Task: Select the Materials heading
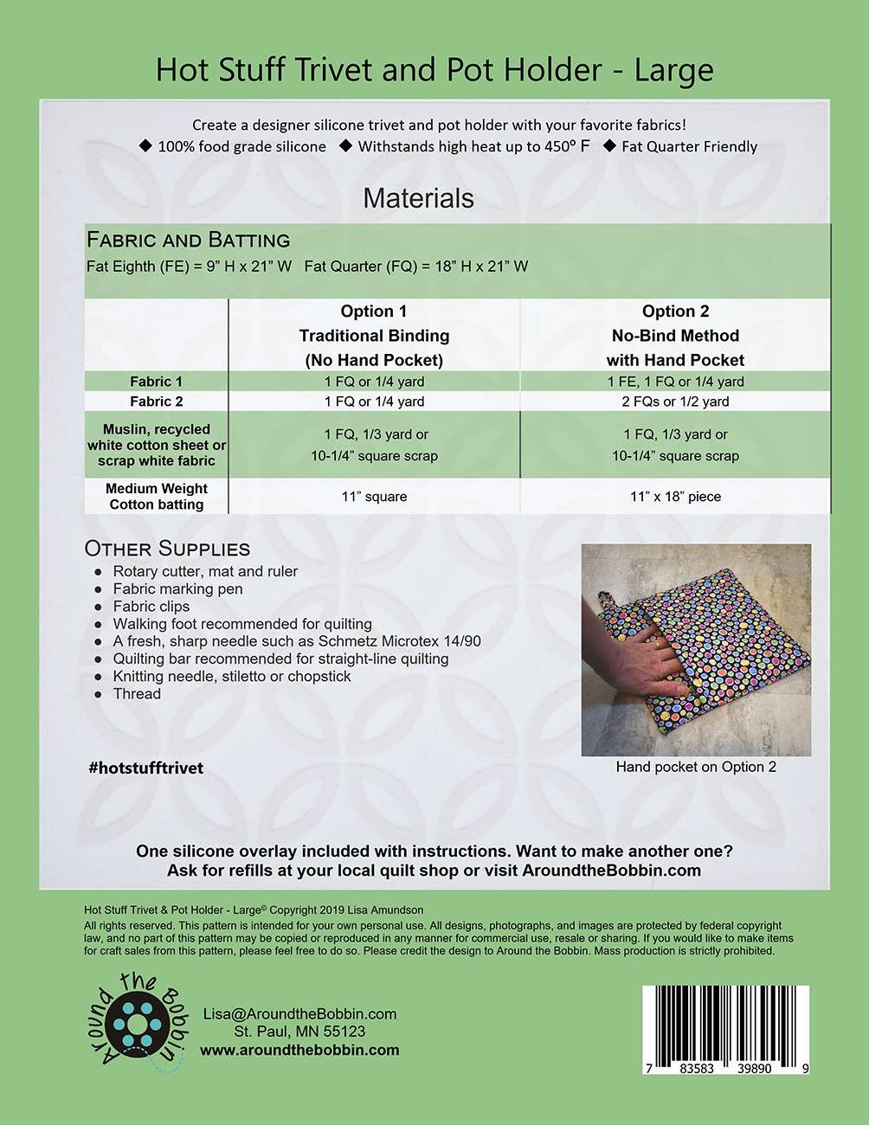coord(418,198)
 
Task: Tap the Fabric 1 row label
coord(156,382)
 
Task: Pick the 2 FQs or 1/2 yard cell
coord(675,402)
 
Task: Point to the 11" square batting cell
coord(374,497)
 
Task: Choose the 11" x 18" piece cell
coord(675,497)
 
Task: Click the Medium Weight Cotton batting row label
coord(156,497)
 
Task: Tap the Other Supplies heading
coord(167,549)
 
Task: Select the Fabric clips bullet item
coord(151,607)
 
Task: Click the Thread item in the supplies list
coord(137,694)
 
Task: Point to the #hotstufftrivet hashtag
coord(145,768)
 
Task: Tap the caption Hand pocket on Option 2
coord(696,767)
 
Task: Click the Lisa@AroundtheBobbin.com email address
coord(299,1014)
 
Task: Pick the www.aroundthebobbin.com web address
coord(299,1050)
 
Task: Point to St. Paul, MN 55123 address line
coord(299,1032)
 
